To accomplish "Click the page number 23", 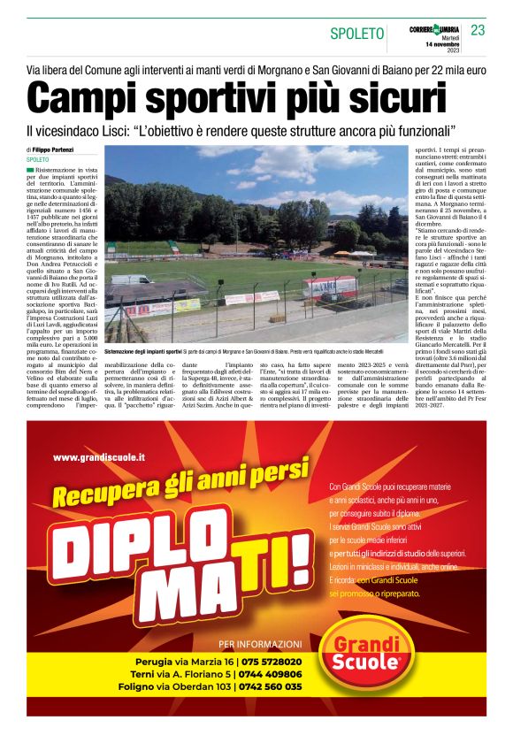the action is (478, 30).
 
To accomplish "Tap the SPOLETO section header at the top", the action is (357, 34).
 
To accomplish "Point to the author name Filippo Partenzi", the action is (53, 149).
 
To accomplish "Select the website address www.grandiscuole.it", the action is (99, 457).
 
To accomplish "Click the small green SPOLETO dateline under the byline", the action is (39, 160).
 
